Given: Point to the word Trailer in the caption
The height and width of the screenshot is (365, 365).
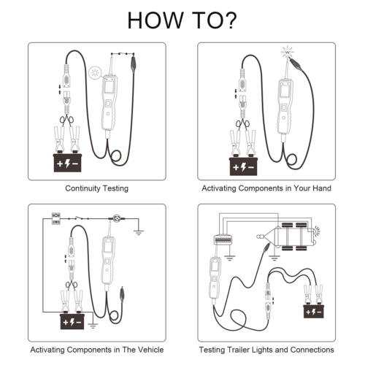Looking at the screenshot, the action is [238, 350].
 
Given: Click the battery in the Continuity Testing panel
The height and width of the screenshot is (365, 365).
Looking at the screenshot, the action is [67, 163].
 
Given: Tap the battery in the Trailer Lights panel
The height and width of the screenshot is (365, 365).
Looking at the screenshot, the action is [314, 311].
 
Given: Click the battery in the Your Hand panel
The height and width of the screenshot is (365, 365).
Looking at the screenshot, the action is [243, 166].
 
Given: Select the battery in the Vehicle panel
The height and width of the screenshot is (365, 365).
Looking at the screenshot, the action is [72, 321].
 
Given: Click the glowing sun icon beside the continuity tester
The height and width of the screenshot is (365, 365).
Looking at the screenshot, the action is [94, 72].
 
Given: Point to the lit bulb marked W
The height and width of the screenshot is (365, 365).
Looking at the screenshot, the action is [288, 52].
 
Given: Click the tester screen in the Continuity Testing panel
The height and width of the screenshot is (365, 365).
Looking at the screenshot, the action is [109, 87].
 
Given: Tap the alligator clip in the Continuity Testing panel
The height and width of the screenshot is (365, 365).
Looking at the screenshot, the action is [134, 64].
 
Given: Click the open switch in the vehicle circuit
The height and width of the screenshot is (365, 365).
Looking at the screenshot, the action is [78, 218].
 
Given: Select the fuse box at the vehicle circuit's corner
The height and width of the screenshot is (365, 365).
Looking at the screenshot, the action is [56, 218].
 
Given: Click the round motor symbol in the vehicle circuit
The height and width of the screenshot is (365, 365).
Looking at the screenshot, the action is [117, 218].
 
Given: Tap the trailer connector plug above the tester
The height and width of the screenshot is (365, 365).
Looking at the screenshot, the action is [223, 239].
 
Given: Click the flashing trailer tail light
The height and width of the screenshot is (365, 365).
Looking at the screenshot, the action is [317, 231].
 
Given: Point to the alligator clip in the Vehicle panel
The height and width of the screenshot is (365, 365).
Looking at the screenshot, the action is [122, 295].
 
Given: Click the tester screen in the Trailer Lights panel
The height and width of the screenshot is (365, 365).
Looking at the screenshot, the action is [214, 266].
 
